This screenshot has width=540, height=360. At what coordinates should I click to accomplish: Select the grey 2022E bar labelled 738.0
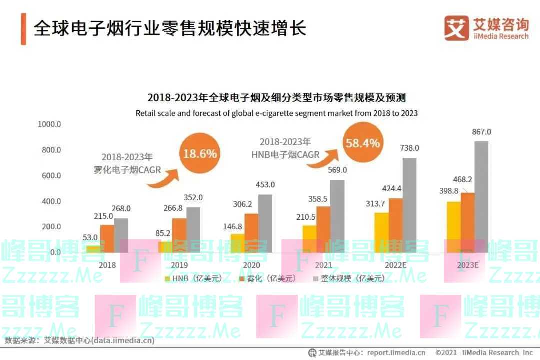[409, 205]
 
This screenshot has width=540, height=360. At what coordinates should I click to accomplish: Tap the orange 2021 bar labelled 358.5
[323, 229]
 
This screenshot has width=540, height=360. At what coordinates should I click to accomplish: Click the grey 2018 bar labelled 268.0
[121, 235]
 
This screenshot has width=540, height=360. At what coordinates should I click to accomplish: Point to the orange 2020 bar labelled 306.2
[252, 233]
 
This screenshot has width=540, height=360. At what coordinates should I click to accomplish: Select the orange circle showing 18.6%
[200, 153]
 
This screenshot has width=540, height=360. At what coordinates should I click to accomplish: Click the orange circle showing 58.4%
[362, 143]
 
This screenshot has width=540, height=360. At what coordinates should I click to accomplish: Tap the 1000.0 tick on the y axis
[49, 124]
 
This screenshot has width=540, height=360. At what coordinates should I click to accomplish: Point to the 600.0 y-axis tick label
[49, 175]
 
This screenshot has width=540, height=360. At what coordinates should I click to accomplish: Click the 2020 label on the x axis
[251, 265]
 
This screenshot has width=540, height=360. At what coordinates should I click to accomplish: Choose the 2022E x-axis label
[396, 265]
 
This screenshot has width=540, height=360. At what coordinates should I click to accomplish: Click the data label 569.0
[337, 170]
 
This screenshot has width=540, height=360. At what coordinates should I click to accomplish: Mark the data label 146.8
[233, 226]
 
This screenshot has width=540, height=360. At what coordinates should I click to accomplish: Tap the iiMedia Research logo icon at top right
[456, 28]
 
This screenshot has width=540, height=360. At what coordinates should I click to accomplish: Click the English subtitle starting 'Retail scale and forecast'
[276, 113]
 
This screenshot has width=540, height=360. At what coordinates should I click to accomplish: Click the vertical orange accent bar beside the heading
[23, 29]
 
